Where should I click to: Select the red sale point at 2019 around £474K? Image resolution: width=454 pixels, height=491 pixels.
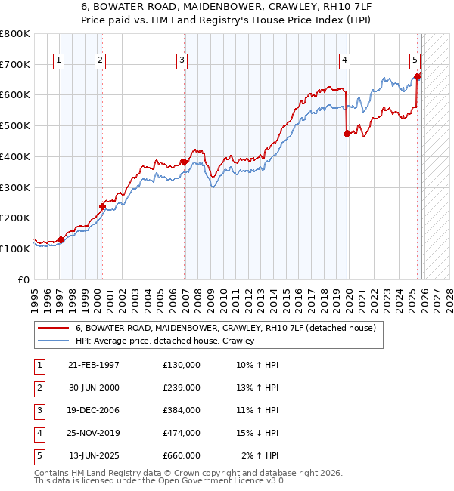click(x=347, y=134)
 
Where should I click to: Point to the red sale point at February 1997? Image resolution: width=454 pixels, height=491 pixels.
click(x=61, y=239)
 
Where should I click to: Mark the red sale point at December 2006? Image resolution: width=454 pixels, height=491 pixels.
click(x=183, y=161)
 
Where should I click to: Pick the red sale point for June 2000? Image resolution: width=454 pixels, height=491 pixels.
click(x=102, y=205)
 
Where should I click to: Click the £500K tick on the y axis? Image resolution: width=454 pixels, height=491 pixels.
click(x=15, y=125)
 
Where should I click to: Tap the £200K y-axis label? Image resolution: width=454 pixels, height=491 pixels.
click(x=15, y=218)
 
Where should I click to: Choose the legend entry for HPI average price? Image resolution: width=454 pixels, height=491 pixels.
click(x=165, y=341)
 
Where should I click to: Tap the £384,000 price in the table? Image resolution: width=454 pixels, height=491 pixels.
click(x=182, y=410)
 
